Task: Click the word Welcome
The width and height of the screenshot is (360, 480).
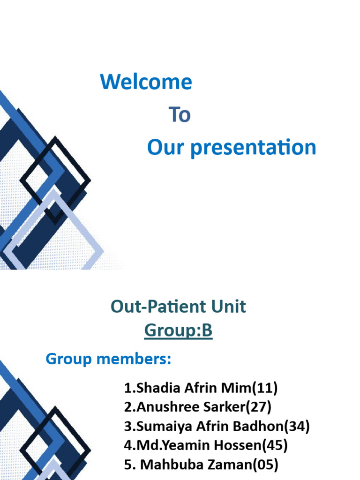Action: (x=146, y=82)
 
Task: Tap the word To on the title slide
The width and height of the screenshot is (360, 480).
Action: (x=180, y=114)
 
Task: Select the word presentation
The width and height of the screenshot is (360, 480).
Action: (x=253, y=148)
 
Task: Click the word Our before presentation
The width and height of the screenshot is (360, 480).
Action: (x=165, y=148)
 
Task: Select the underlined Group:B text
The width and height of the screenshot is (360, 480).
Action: (x=178, y=330)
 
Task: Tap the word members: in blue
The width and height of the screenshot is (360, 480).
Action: (x=134, y=359)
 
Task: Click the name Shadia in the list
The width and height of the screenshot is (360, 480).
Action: (x=158, y=388)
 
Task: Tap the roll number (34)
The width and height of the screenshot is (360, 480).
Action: (x=297, y=426)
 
